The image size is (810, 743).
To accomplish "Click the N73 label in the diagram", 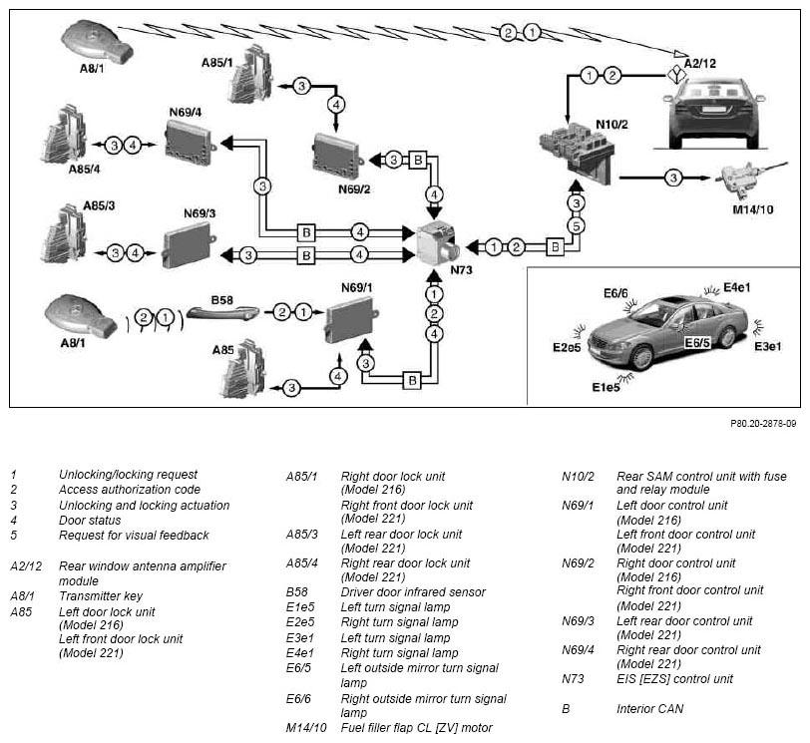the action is point(461,270).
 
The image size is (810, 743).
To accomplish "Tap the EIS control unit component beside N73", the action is point(438,242).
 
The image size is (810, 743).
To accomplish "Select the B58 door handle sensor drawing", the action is point(222,312).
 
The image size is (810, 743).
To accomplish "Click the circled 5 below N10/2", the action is point(576,226).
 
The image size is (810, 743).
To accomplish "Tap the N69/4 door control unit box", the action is point(190,142).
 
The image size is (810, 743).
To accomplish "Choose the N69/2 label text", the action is point(354,189).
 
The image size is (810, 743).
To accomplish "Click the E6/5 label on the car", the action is point(697,343).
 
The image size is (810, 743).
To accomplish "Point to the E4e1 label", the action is point(736,287).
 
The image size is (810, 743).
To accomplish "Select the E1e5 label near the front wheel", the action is point(606,387).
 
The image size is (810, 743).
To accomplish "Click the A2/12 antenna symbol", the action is point(676,76).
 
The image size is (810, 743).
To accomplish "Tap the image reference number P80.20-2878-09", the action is point(763,424).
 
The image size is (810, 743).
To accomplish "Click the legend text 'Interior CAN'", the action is point(649,709).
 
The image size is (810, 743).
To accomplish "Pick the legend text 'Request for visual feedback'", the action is point(134,536).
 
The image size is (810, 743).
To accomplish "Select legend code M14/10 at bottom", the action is point(306,728).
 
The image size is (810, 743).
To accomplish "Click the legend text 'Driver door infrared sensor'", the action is point(413,592).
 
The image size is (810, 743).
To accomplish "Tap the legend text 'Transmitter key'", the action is point(101,596).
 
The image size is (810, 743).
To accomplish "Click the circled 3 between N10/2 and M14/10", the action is point(673,179).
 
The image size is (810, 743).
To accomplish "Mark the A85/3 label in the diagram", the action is point(99,206).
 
